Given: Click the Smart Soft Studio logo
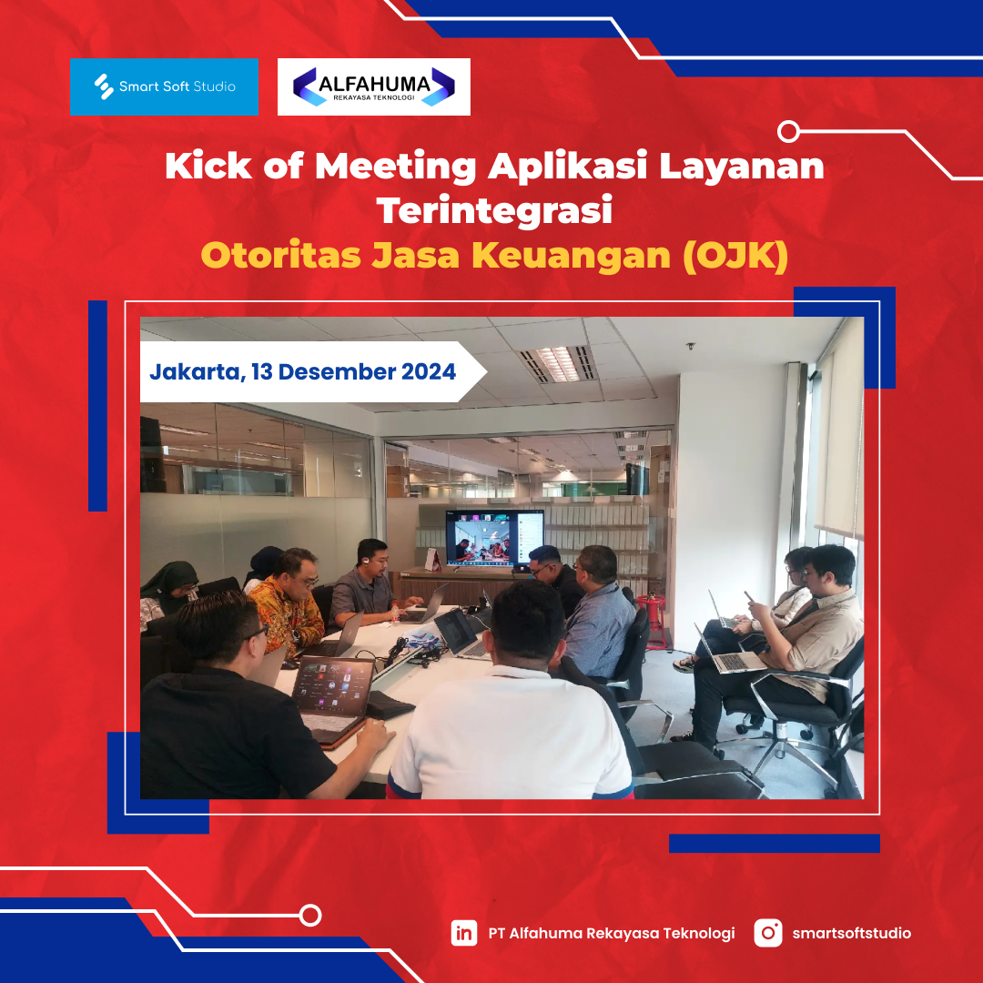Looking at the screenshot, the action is coord(164,86).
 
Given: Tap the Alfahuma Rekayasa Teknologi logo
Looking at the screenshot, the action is coord(374,86).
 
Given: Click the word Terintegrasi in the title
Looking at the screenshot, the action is coord(494,210).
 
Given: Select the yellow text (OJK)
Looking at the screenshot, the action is coord(735,256).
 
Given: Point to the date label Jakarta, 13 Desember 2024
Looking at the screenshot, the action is coord(302,371).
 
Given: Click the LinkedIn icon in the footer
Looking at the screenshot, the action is coord(464,933).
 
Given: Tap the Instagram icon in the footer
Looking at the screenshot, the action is coord(768,933).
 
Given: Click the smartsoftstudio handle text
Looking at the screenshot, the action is coord(851,933).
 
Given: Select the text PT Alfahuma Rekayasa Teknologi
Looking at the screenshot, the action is coord(612,934).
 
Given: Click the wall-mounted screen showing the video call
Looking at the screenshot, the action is coord(494,538).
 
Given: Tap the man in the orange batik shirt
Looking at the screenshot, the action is coord(289,602).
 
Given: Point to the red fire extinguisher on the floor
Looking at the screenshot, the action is coord(654,621).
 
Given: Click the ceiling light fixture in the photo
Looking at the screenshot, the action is coord(557,363).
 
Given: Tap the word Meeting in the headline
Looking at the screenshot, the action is coord(396,167).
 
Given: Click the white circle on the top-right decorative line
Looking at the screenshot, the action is coord(788,132).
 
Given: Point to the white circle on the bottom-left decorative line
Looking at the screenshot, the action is coord(310,916).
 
